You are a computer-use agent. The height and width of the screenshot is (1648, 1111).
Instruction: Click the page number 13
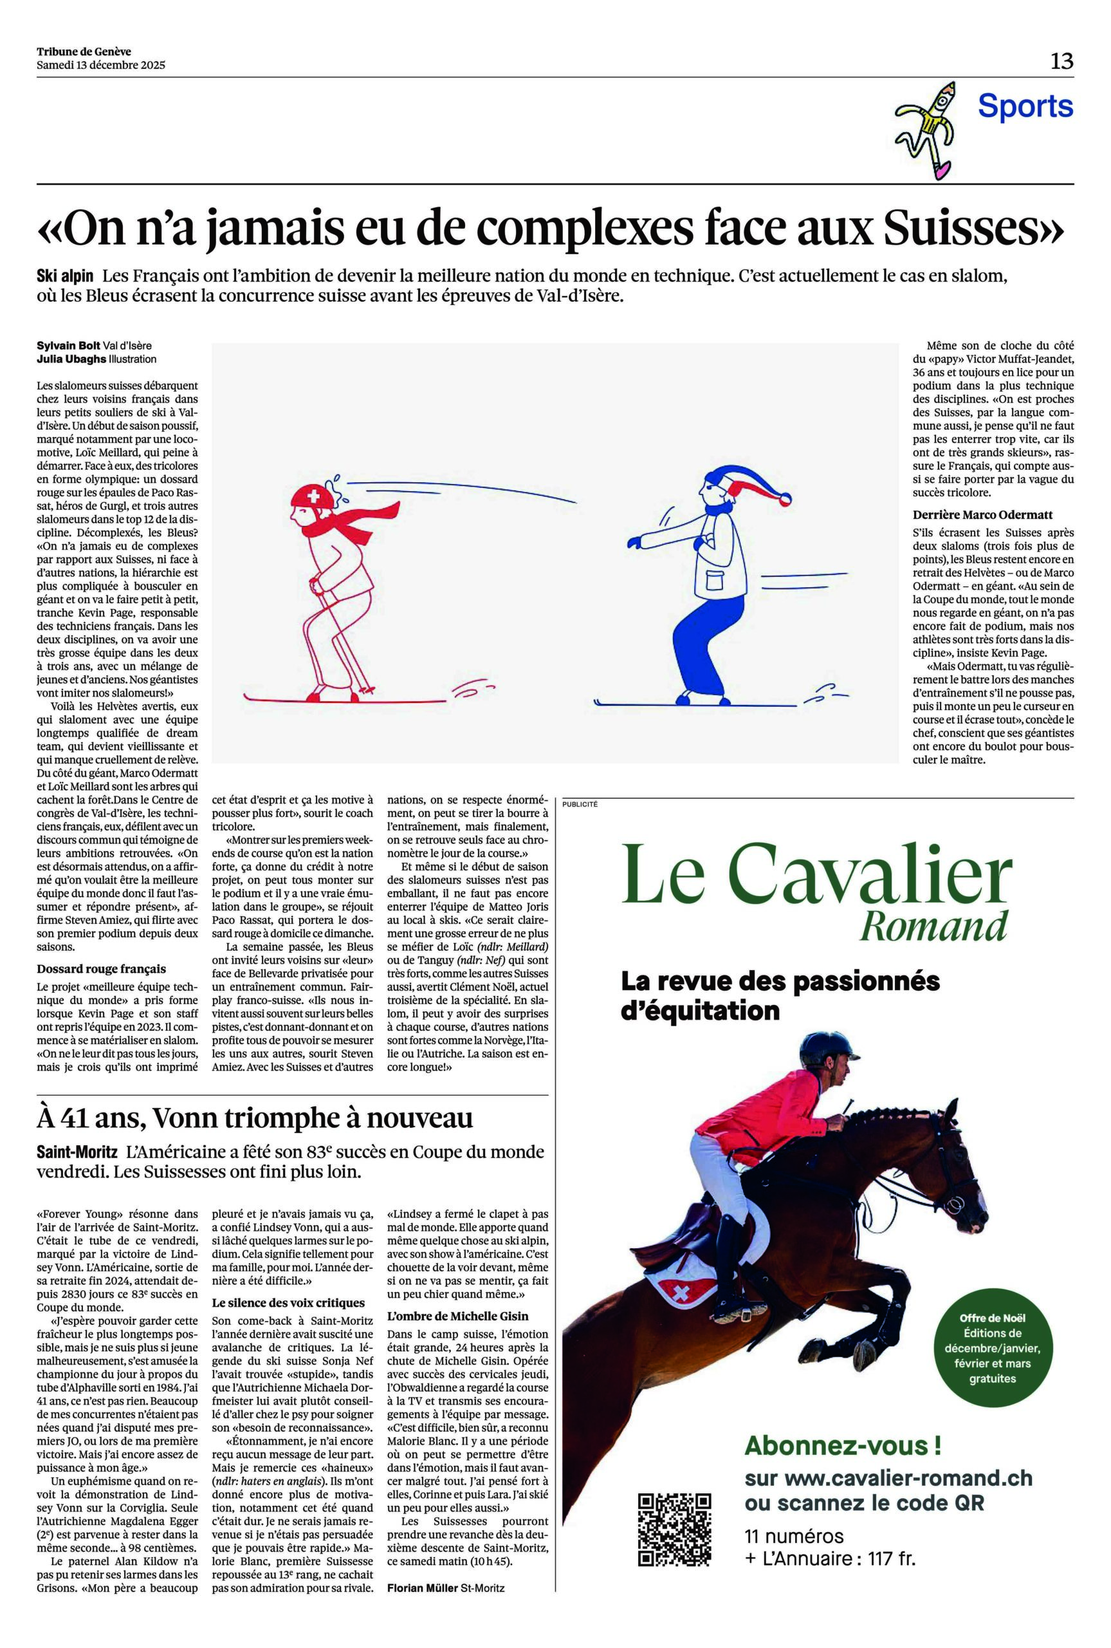[1061, 61]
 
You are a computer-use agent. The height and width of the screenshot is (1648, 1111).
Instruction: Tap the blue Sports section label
[1025, 106]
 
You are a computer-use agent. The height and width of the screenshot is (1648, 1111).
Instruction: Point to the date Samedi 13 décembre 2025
[100, 65]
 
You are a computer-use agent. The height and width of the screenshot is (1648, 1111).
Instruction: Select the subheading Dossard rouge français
[102, 968]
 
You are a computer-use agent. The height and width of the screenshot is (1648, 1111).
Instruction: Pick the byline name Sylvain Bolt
[69, 346]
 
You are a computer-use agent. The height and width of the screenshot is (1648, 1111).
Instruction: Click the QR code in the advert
[674, 1529]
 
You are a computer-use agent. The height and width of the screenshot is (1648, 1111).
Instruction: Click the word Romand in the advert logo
[933, 925]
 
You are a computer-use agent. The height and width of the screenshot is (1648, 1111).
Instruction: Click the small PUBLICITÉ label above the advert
[580, 804]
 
